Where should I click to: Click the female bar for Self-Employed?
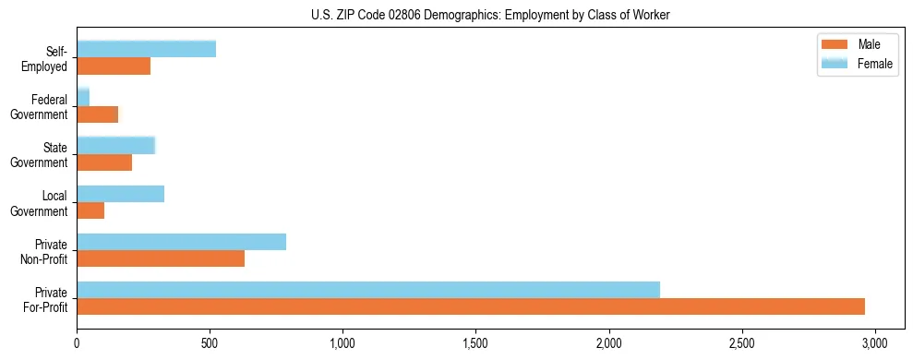146,49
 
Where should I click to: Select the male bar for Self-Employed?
114,66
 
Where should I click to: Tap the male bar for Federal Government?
98,114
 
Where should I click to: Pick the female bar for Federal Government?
83,97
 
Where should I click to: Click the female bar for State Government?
115,145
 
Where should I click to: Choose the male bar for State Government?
104,162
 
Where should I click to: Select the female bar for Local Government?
120,194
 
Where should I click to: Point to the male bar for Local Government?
90,210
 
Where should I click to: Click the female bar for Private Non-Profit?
181,242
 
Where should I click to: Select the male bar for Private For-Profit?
471,306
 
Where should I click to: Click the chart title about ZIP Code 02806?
490,15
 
